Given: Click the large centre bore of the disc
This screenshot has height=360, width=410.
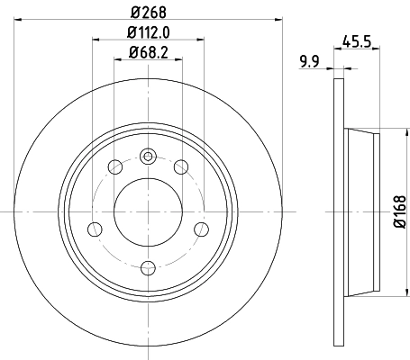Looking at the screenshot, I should click(x=147, y=212).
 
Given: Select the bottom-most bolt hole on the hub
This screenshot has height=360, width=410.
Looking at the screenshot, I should click(x=147, y=266).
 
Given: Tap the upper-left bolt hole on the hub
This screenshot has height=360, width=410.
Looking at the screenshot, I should click(x=114, y=166).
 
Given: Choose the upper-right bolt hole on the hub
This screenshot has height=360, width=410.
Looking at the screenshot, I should click(x=179, y=166).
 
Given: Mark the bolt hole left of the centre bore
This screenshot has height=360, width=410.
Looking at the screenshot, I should click(x=94, y=229).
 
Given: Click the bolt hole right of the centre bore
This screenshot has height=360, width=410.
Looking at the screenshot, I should click(x=199, y=229).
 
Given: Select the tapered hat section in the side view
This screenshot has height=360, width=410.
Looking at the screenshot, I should click(x=360, y=213).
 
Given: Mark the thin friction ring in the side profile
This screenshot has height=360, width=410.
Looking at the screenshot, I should click(x=339, y=213).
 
